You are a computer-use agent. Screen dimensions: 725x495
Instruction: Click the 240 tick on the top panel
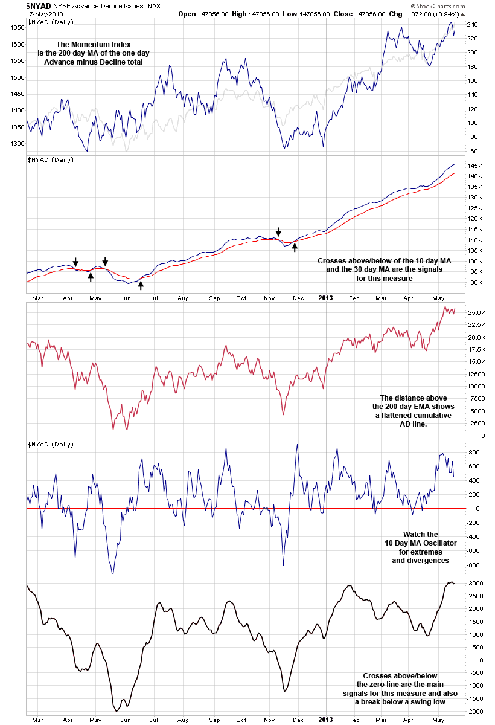click(472, 25)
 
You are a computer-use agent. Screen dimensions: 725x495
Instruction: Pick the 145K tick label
click(474, 166)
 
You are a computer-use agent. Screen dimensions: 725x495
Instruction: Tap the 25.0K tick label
click(476, 312)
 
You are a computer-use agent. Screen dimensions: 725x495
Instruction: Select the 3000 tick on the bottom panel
click(474, 583)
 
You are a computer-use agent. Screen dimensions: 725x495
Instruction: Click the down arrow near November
click(278, 231)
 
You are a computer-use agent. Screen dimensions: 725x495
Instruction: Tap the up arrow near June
click(141, 284)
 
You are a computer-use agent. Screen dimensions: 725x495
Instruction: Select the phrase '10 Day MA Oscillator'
click(421, 543)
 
